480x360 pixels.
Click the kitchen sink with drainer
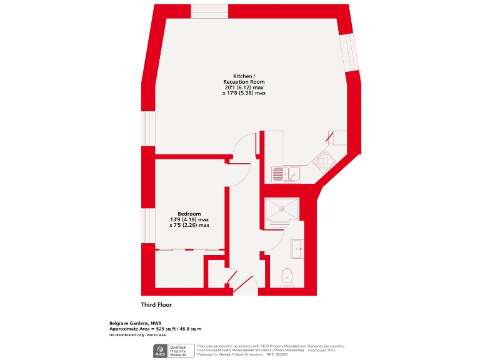286,174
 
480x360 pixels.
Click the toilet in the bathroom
288,276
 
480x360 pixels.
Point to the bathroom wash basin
297,249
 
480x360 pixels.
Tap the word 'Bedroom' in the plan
189,214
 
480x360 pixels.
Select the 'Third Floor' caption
156,305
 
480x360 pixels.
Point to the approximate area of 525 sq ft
156,329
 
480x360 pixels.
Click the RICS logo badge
159,351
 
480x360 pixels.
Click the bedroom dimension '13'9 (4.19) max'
189,220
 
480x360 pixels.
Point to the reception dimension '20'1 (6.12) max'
244,87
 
